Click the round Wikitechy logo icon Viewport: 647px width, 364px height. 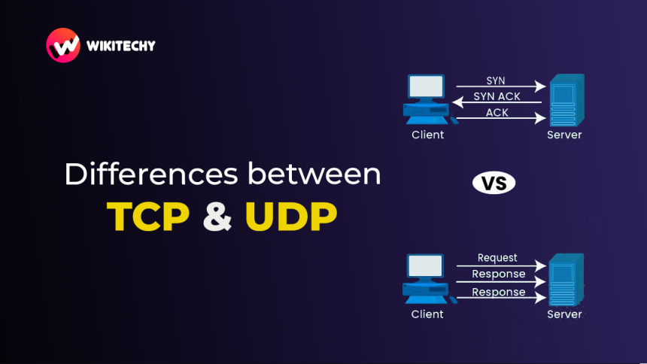pyautogui.click(x=63, y=45)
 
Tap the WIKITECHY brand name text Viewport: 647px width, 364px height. pyautogui.click(x=121, y=46)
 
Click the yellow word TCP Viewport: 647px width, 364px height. pyautogui.click(x=148, y=217)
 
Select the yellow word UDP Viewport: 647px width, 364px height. pyautogui.click(x=291, y=217)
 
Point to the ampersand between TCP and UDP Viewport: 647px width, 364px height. pyautogui.click(x=217, y=217)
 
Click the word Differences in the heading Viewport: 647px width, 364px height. pyautogui.click(x=151, y=174)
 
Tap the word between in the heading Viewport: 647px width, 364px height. pyautogui.click(x=314, y=174)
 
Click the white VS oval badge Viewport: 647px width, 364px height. pyautogui.click(x=494, y=183)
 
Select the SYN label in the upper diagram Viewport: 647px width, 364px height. pyautogui.click(x=496, y=80)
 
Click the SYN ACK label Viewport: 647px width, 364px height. pyautogui.click(x=497, y=96)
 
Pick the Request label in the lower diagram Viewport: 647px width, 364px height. pyautogui.click(x=497, y=258)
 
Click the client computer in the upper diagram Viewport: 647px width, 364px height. pyautogui.click(x=427, y=99)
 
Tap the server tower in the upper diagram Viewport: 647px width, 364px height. pyautogui.click(x=567, y=100)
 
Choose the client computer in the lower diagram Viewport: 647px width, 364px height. pyautogui.click(x=427, y=279)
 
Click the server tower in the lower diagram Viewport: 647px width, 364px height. pyautogui.click(x=566, y=280)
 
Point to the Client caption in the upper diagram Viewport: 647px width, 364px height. pyautogui.click(x=427, y=135)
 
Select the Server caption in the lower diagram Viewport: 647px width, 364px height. pyautogui.click(x=564, y=314)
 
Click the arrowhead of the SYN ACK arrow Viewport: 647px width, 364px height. pyautogui.click(x=457, y=102)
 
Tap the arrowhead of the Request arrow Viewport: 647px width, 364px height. pyautogui.click(x=540, y=265)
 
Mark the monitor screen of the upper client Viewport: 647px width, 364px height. pyautogui.click(x=427, y=86)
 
